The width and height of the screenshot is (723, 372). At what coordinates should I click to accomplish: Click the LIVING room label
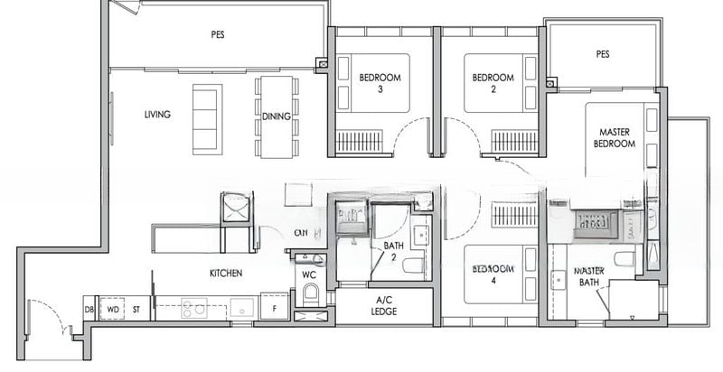coord(157,115)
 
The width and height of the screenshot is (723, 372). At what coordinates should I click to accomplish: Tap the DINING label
coord(276,116)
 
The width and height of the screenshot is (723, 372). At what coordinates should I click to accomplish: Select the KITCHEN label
coord(224,273)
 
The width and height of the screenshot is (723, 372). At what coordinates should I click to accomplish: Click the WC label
coord(308,274)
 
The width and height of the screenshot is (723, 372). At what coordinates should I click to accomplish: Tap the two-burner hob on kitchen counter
coord(193,309)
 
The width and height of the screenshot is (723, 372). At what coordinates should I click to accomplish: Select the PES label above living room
coord(218,34)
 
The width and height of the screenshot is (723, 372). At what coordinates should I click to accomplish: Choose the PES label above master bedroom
coord(603,54)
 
